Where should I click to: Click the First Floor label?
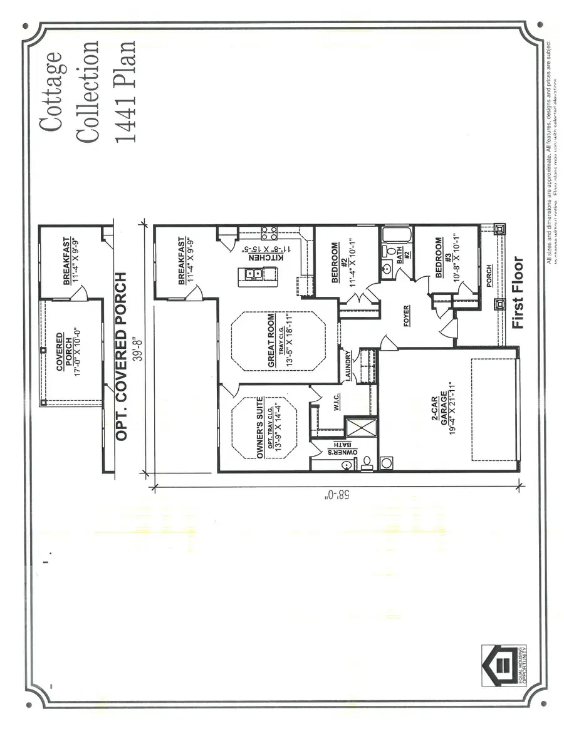pos(517,292)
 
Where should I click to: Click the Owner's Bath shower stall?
pos(362,428)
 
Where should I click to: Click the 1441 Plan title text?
pos(125,91)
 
